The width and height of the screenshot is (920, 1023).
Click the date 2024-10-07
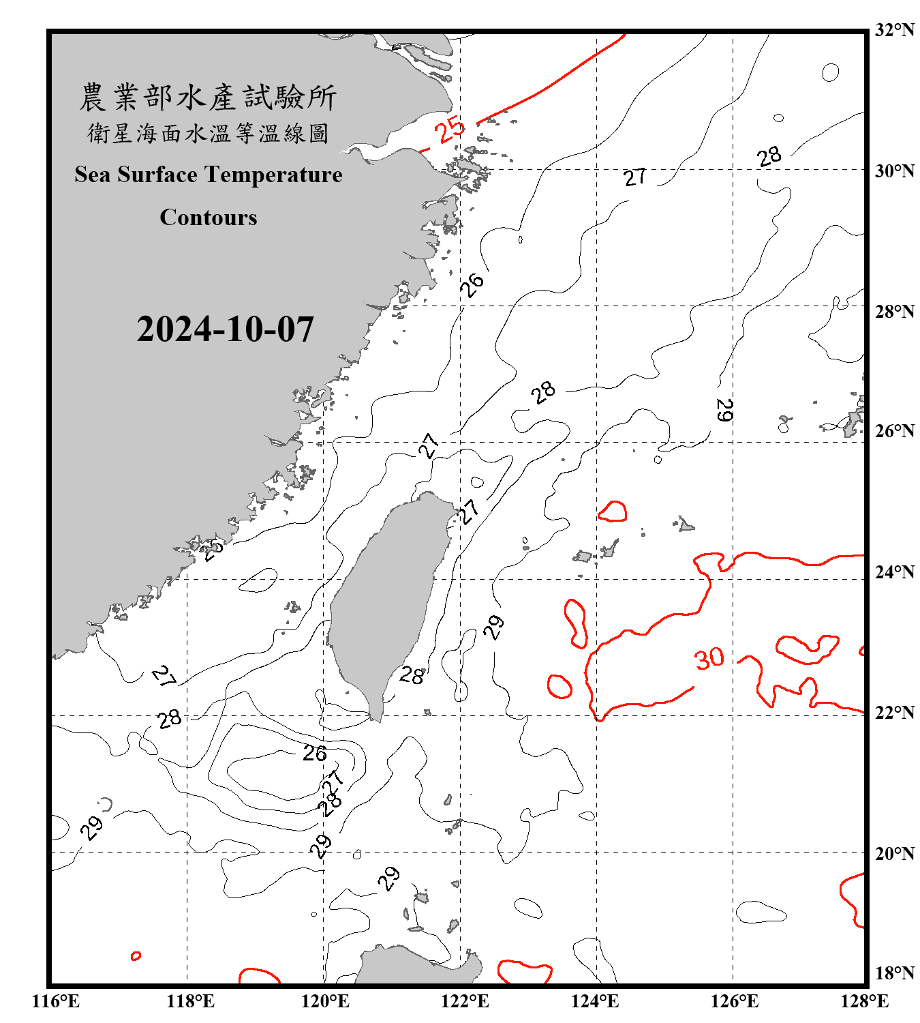coord(225,329)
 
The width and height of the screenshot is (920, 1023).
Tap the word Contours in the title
coord(209,218)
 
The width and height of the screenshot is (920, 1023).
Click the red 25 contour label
coord(450,130)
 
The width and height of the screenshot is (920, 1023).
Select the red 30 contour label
coord(709,658)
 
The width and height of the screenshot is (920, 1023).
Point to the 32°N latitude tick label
coord(894,30)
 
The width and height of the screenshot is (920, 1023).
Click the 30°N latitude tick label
coord(894,170)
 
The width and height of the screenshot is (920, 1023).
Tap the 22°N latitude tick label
coord(894,713)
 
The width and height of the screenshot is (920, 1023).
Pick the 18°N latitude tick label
coord(894,973)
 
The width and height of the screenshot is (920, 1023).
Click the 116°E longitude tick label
coord(55,1001)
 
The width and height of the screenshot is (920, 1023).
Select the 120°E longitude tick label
coord(325,1001)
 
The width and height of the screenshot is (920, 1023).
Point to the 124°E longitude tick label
coord(595,1001)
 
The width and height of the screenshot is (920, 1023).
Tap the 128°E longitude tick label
coord(864,1001)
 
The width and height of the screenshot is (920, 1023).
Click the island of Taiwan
coord(388,593)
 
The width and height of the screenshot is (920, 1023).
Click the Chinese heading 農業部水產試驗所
coord(208,98)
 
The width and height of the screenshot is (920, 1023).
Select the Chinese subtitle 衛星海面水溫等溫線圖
coord(208,133)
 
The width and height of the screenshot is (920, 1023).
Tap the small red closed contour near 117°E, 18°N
coord(136,956)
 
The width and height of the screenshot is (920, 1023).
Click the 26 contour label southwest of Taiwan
coord(315,754)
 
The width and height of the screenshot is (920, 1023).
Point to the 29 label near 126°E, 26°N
coord(724,410)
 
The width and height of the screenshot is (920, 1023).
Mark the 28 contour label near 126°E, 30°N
coord(769,157)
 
